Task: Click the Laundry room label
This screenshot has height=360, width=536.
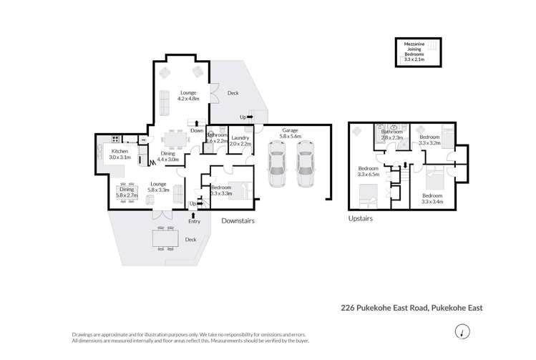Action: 240,140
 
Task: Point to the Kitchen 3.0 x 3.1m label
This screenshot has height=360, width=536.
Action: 119,153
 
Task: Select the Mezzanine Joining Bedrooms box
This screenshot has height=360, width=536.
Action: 420,51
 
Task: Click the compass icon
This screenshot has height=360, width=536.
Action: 464,331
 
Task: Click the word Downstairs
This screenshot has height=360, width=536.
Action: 238,221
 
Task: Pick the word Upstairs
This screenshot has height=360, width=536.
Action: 361,218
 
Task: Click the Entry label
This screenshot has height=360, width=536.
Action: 194,221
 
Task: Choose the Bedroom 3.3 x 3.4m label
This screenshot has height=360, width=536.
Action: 432,198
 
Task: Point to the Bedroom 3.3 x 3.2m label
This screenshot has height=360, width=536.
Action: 429,140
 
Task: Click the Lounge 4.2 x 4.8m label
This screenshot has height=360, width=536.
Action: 188,95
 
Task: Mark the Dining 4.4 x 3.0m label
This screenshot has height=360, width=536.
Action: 169,157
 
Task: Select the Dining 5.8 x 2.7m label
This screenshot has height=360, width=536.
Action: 126,192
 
